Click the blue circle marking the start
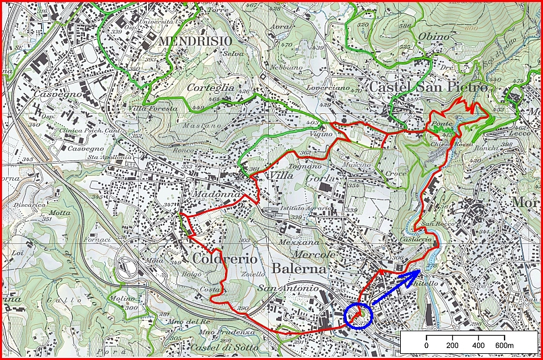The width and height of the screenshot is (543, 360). point(357,314)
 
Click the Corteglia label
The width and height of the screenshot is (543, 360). point(210,87)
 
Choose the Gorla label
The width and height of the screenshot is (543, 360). point(319,177)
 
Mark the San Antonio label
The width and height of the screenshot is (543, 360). point(287,289)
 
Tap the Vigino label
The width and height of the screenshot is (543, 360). point(321,134)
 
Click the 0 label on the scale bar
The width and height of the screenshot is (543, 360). point(426,346)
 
